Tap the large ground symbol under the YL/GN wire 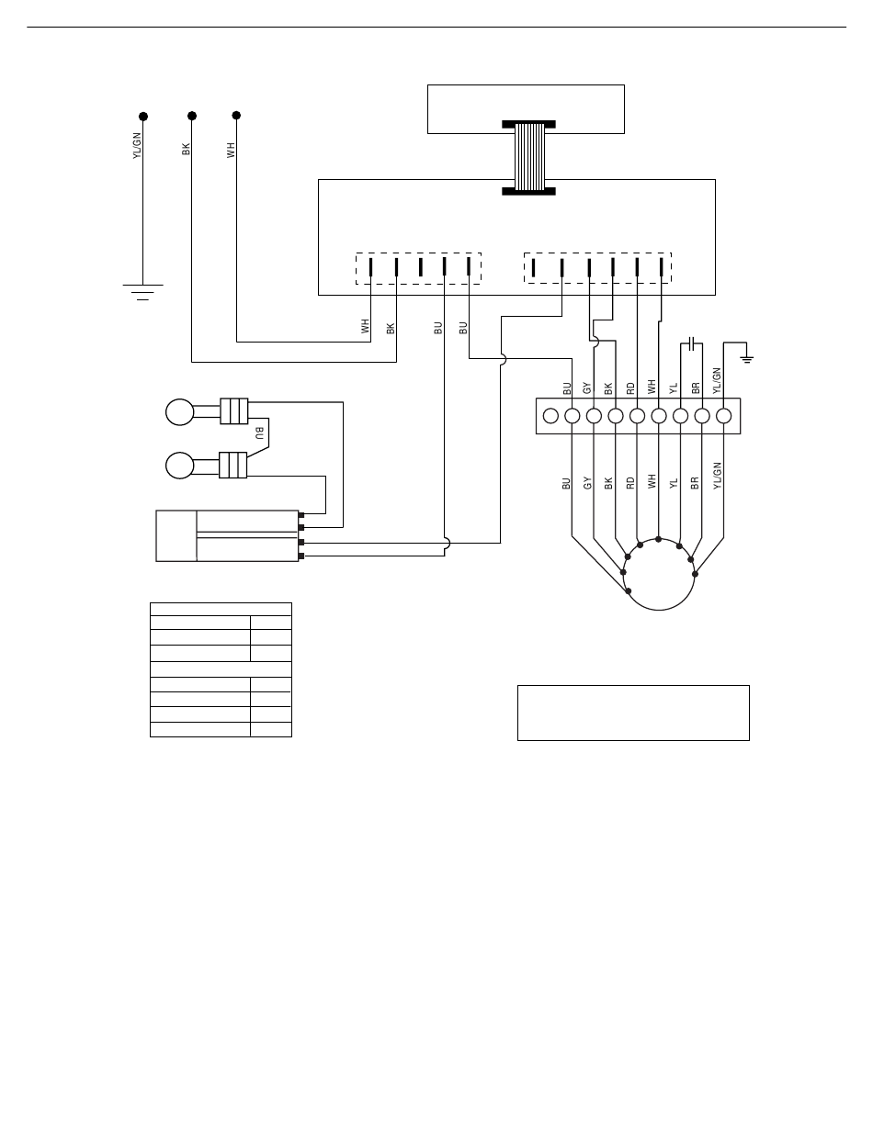tap(142, 292)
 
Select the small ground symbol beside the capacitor tap(747, 357)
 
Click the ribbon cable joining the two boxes tap(528, 157)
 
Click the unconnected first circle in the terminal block tap(550, 416)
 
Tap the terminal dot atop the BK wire tap(191, 116)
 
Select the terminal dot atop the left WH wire tap(236, 115)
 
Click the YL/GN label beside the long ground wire tap(137, 146)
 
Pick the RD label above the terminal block tap(630, 388)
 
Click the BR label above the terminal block tap(696, 388)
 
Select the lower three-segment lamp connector tap(234, 465)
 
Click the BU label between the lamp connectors tap(259, 432)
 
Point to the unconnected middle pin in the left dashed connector tap(420, 266)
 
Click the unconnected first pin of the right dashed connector tap(534, 267)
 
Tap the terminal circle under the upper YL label tap(680, 416)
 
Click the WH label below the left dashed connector tap(365, 325)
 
